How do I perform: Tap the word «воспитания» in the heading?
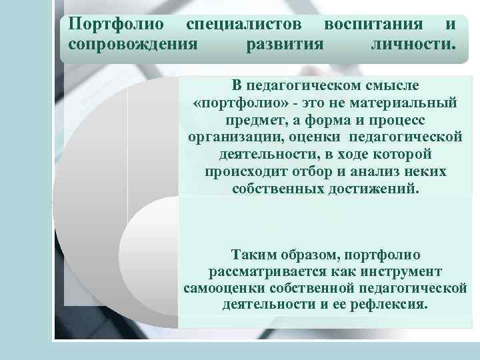(373, 25)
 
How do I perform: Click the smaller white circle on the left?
(160, 237)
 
